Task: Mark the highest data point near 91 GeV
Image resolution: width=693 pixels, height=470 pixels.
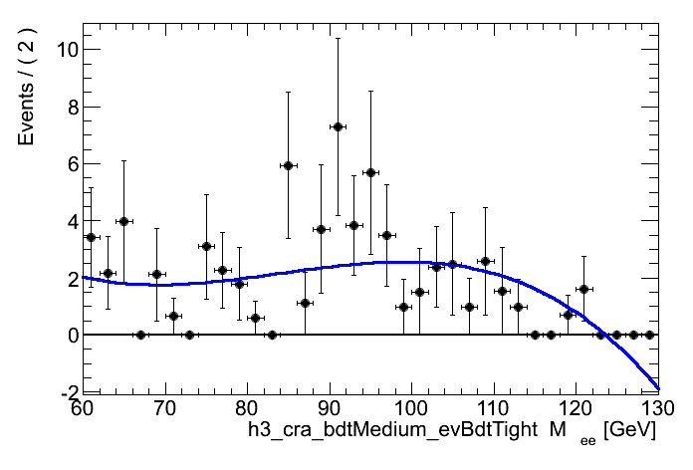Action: pyautogui.click(x=338, y=126)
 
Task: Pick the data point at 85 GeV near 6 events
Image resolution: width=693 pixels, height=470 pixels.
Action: pyautogui.click(x=288, y=165)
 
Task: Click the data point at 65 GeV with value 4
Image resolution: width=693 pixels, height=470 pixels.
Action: pyautogui.click(x=123, y=221)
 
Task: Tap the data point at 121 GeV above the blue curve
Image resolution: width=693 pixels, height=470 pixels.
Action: pyautogui.click(x=583, y=289)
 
